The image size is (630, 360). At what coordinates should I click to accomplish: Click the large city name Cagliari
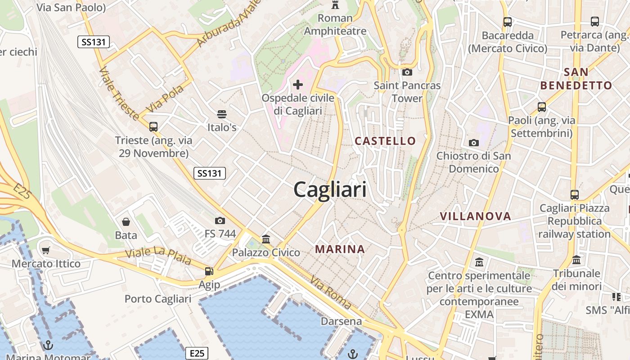pos(330,190)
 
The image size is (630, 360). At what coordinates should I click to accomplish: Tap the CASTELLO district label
pos(385,141)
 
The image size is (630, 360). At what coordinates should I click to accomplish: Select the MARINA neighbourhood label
pos(340,249)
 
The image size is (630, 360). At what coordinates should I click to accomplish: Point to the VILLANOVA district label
pos(476,216)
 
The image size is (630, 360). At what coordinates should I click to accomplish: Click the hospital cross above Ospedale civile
pos(297,84)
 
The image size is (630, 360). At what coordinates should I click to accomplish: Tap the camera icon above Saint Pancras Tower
pos(407,72)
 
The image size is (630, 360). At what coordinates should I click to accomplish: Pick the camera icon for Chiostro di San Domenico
pos(473,143)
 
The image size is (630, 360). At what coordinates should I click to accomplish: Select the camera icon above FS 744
pos(220,220)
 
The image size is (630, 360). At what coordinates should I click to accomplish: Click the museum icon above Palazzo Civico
pos(266,239)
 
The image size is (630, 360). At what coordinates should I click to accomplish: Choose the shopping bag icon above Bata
pos(126,221)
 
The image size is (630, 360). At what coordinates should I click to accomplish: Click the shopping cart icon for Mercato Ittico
pos(45,250)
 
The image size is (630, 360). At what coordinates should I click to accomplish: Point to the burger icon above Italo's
pos(221,114)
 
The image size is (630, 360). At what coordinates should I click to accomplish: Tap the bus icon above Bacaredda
pos(508,22)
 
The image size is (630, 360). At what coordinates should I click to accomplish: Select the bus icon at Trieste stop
pos(153,126)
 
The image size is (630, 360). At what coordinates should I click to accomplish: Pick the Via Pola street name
pos(165,98)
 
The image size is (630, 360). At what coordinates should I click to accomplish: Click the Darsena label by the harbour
pos(341,321)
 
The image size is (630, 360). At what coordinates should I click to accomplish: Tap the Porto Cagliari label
pos(158,299)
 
